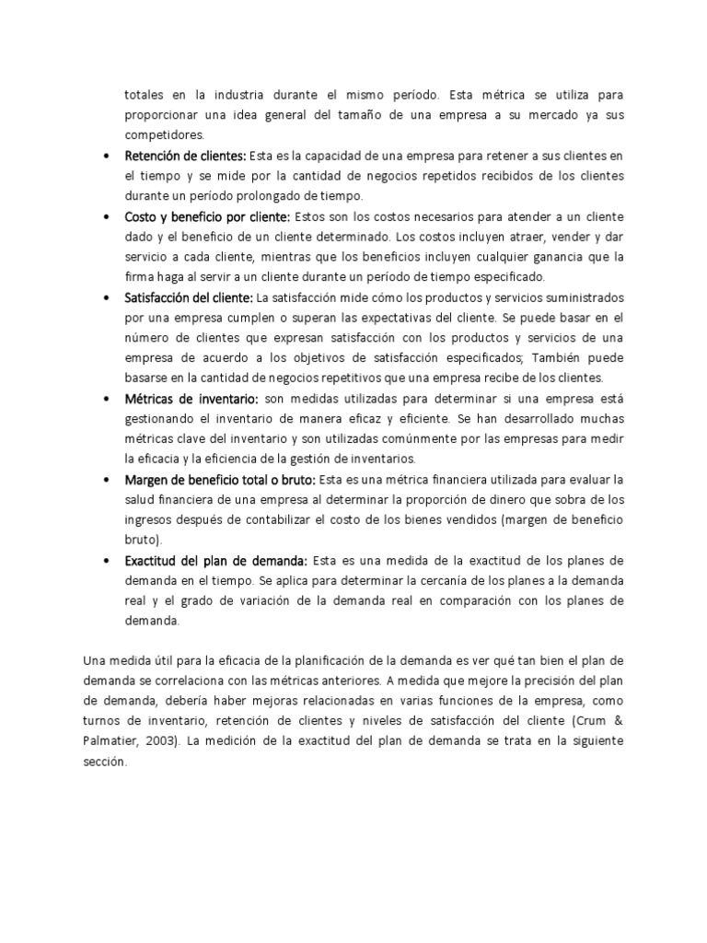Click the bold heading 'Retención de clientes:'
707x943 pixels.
185,155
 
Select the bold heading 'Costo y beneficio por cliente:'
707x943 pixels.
207,216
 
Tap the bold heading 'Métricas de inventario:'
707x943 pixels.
192,398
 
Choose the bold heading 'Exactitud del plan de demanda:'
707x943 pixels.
216,560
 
